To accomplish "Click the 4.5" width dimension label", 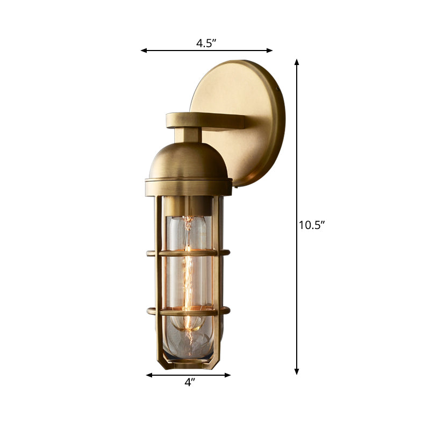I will (206, 44).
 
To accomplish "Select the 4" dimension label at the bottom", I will (189, 383).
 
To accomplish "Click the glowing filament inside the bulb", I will (188, 269).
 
